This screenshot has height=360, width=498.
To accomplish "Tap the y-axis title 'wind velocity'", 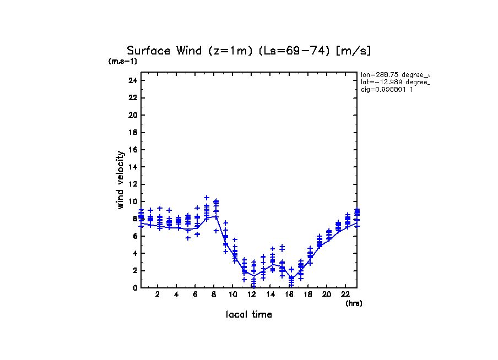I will click(120, 180).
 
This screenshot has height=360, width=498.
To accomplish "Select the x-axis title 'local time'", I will click(249, 314).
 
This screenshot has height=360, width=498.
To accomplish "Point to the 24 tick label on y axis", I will click(132, 80).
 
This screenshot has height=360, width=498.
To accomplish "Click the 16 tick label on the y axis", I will click(132, 150).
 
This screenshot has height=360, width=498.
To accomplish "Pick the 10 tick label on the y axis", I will click(132, 201).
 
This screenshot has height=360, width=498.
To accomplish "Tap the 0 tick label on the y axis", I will click(134, 288).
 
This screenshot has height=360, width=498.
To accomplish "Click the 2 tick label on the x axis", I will click(158, 294).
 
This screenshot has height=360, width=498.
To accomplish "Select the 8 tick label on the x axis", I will click(214, 294).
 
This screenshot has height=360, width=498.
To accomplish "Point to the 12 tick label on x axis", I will click(251, 294).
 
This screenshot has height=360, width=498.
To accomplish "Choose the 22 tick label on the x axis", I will click(345, 294).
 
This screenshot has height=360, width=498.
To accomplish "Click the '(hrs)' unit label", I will click(354, 303).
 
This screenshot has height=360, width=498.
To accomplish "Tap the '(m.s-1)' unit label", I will click(123, 61).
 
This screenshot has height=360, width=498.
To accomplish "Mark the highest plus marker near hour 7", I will click(207, 198).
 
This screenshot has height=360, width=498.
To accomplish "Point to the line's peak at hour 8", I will click(216, 216).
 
